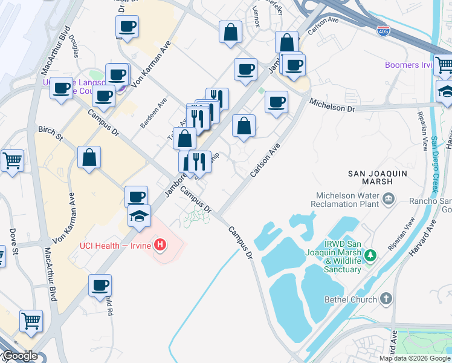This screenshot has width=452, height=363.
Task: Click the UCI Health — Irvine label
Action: click(115, 245)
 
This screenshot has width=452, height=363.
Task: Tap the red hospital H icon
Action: click(160, 245)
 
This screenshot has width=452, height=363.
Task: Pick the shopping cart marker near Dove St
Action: click(12, 161)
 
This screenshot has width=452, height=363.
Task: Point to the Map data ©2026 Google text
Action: click(415, 358)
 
